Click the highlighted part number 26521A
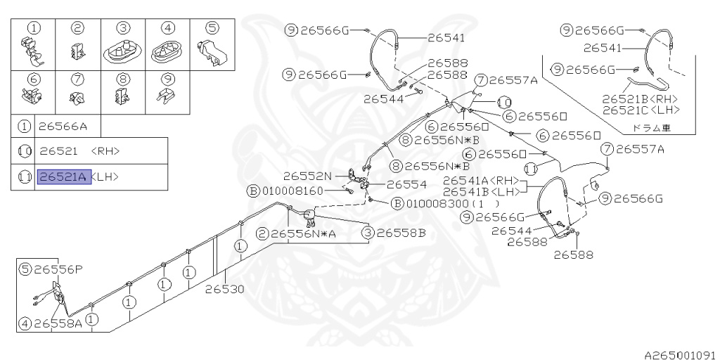64,176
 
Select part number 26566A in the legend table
63,127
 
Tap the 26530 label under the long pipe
225,289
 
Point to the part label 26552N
308,175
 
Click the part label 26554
407,184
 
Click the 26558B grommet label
401,233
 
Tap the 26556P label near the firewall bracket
58,269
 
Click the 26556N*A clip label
303,233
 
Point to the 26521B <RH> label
640,98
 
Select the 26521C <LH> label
641,110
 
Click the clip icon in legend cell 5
212,51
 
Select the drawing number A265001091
681,355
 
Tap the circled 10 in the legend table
24,150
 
